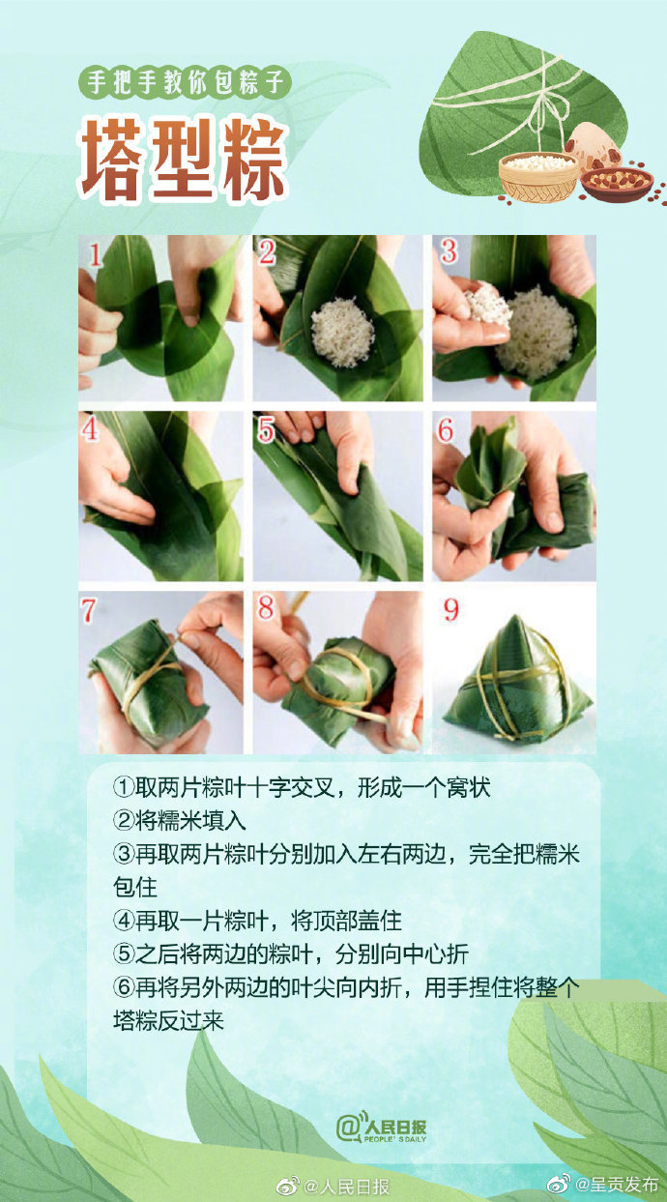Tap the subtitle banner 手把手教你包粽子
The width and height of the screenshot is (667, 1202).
point(186,81)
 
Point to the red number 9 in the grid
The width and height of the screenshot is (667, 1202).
point(450,610)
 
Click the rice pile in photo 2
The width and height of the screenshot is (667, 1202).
point(341,332)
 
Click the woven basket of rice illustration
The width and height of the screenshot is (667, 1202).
point(537,176)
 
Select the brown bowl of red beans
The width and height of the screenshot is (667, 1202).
point(616,182)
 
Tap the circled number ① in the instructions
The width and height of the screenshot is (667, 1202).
point(124,787)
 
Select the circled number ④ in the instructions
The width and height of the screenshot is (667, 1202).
point(124,919)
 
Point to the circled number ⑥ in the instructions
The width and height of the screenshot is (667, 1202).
point(124,987)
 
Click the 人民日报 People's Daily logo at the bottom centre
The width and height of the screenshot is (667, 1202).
point(381,1128)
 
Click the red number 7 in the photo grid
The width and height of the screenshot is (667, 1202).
point(89,611)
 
